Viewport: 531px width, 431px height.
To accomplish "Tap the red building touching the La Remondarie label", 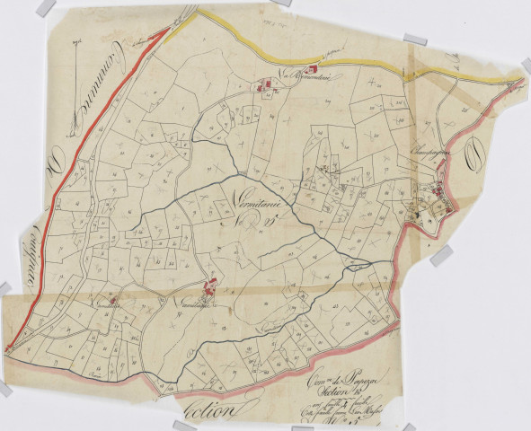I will [314, 71].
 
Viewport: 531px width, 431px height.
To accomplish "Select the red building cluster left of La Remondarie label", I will [267, 87].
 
